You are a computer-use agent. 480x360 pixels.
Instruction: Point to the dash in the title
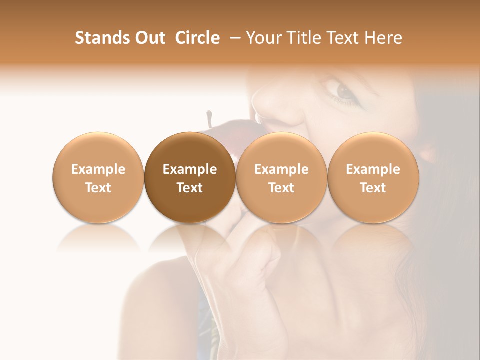coord(233,38)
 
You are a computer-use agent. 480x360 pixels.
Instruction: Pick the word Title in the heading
coord(304,38)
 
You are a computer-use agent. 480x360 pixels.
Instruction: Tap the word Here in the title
coord(383,38)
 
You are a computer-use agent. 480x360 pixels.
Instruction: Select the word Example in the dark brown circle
coord(190,169)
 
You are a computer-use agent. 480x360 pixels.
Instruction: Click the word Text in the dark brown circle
coord(190,188)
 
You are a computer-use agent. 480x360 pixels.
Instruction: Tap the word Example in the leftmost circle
coord(98,169)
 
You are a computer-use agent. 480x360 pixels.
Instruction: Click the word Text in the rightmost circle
coord(373,188)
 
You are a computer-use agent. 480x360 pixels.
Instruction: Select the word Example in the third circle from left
coord(281,169)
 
